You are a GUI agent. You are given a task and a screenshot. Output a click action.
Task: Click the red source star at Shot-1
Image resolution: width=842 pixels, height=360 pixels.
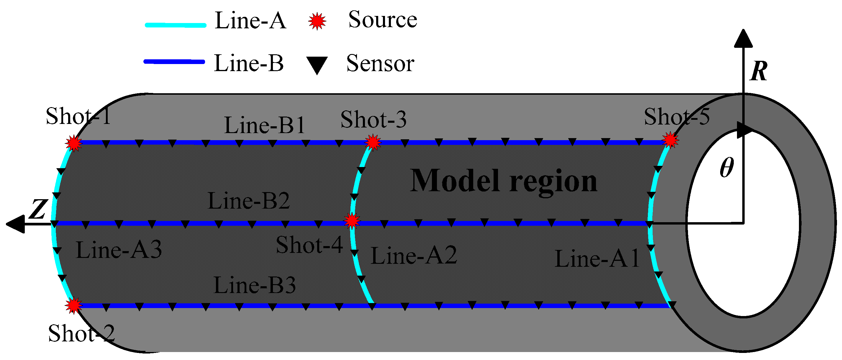(73, 143)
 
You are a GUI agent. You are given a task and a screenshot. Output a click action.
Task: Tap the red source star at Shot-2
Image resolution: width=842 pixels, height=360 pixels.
(73, 305)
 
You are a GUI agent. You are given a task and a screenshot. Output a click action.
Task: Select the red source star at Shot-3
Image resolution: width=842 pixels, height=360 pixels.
(373, 143)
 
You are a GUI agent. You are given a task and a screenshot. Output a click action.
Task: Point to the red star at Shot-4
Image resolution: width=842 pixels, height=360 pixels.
(352, 221)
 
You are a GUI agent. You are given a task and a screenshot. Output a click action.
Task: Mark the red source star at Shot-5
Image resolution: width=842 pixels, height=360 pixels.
(670, 140)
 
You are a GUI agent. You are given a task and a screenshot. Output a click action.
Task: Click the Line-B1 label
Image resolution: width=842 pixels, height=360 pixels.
(264, 125)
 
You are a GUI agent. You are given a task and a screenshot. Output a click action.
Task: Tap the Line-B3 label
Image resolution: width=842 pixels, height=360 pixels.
(254, 285)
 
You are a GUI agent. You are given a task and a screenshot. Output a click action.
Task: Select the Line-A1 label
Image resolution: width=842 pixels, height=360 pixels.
(597, 258)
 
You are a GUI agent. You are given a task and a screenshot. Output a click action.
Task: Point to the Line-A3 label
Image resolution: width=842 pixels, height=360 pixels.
(119, 250)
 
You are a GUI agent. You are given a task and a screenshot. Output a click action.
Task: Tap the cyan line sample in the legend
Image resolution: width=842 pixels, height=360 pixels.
(176, 25)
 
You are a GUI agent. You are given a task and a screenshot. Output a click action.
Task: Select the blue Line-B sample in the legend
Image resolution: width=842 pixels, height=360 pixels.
(174, 61)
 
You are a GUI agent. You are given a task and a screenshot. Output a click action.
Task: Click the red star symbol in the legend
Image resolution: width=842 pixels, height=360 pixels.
(317, 22)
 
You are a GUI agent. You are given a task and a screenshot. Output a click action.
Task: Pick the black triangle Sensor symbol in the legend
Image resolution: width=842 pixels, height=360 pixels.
(317, 64)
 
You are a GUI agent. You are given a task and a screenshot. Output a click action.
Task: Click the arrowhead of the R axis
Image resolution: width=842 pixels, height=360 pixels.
(743, 38)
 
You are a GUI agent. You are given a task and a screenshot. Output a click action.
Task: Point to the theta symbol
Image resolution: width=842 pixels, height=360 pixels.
(727, 167)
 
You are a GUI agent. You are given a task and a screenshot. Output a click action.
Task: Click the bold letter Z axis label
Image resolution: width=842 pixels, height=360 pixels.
(38, 209)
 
